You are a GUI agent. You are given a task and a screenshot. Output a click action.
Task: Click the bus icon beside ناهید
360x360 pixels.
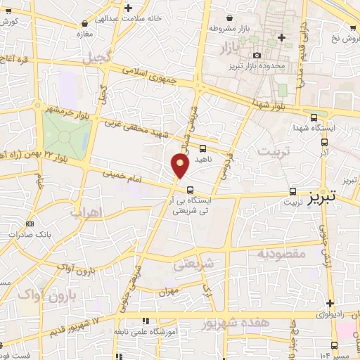tap(202, 148)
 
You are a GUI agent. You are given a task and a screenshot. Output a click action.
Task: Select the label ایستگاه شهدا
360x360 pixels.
tap(335, 129)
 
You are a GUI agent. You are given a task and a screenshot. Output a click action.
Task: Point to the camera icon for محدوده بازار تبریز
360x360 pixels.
tap(257, 55)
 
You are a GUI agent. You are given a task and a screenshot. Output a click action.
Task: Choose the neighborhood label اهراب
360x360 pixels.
tap(87, 211)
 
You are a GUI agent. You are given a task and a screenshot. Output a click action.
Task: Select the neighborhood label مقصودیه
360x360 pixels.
tap(281, 252)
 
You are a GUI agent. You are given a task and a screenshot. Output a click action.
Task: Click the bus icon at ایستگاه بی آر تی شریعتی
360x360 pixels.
tap(191, 188)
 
